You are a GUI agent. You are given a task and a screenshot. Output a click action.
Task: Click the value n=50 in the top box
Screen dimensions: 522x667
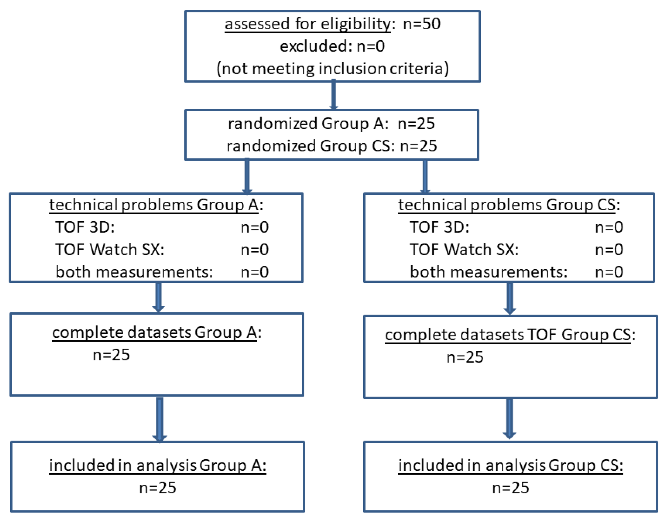[422, 24]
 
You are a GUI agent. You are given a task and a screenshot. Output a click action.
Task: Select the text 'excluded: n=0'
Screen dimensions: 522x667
[332, 46]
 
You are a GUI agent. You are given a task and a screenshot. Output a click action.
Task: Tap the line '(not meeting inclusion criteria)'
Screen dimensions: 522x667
[332, 69]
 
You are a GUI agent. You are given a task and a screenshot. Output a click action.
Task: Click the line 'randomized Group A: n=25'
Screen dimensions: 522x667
[331, 123]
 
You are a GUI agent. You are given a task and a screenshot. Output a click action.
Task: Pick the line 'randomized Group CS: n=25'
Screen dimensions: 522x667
[331, 146]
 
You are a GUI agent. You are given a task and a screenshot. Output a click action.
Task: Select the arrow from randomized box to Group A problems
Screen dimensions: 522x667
[247, 176]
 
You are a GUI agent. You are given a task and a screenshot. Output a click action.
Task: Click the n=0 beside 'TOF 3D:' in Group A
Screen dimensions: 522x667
[254, 227]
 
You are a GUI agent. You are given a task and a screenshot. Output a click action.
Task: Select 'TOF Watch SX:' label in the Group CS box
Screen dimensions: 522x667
[464, 250]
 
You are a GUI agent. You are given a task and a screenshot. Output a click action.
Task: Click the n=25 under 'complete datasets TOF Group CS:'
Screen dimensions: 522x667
[465, 357]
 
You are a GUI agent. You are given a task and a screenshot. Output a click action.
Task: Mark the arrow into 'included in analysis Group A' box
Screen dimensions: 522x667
[160, 419]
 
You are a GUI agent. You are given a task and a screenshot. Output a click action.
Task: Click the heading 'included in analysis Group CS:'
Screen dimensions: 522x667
[510, 466]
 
